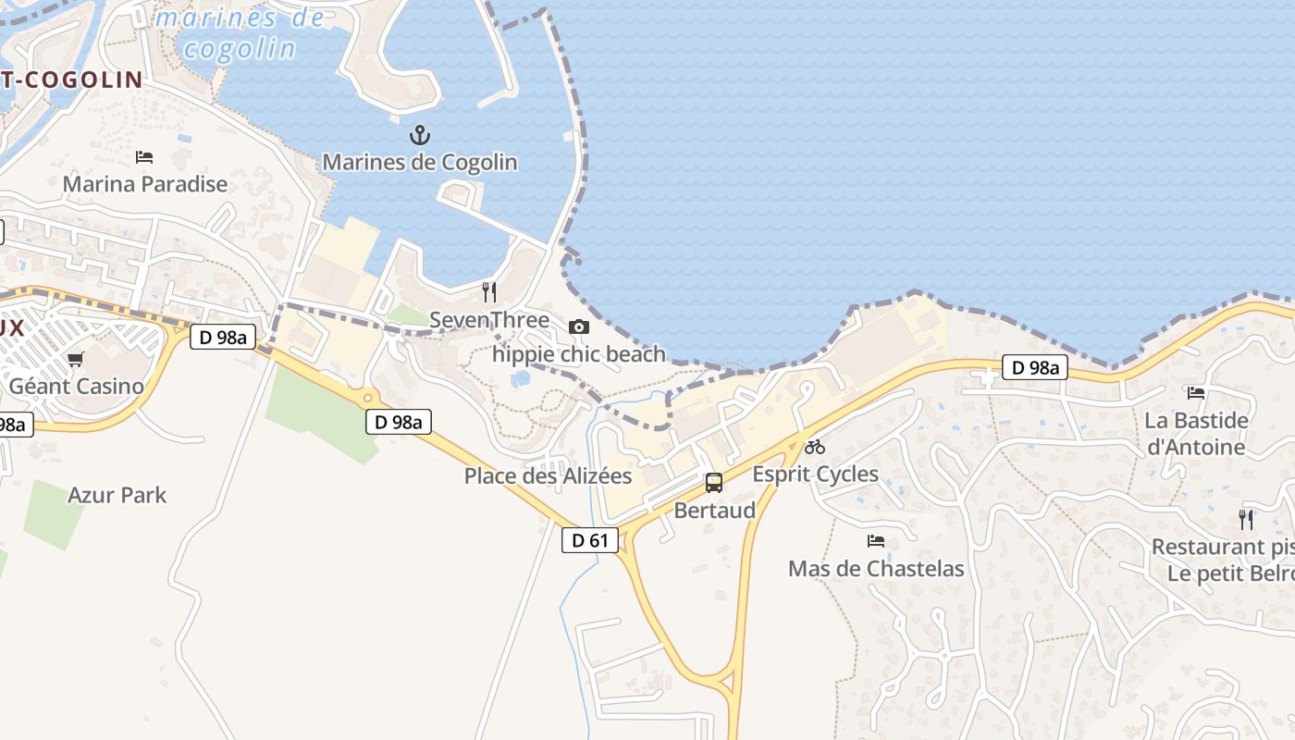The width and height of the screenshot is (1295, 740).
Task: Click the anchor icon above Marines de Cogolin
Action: [420, 136]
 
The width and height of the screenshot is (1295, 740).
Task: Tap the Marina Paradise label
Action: [145, 184]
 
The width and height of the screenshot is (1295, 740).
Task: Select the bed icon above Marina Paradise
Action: [144, 156]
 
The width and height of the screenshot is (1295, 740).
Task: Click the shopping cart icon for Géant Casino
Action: [75, 359]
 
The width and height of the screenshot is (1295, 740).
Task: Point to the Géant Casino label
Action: [77, 386]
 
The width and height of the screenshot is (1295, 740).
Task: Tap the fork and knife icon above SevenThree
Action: [489, 292]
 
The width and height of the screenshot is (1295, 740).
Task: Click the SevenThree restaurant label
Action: [489, 320]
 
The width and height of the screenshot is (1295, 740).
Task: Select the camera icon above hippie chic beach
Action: [579, 327]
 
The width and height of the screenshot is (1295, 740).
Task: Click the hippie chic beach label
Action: [579, 353]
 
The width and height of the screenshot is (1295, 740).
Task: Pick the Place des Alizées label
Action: [548, 476]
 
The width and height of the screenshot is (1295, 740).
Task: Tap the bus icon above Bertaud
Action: [714, 482]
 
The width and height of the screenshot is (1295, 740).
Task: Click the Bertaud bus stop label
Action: [714, 510]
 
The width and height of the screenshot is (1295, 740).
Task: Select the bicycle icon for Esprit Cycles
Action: [815, 447]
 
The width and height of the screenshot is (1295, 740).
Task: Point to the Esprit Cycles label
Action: [815, 474]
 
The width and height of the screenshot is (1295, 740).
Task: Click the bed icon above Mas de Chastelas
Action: [876, 541]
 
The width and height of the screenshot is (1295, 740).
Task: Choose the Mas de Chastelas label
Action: [876, 568]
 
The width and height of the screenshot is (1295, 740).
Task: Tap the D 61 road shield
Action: [589, 540]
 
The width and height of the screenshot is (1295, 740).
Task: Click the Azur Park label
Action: [117, 495]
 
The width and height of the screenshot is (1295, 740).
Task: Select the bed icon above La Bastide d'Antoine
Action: [1196, 393]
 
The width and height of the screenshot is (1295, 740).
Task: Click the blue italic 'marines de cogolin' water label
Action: [240, 33]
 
